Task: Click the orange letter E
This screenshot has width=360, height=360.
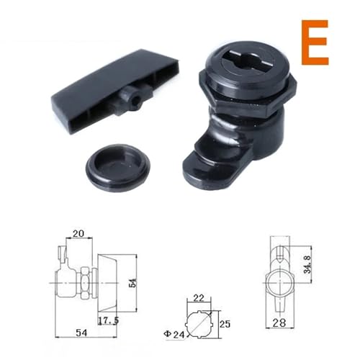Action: [315, 42]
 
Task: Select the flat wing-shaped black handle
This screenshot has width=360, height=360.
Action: [115, 91]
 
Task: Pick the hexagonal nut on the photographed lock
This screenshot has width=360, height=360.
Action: [247, 92]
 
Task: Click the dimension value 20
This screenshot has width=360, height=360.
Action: [78, 233]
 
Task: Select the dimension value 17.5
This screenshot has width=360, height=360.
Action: [108, 320]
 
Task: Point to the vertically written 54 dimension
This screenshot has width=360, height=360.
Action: [132, 283]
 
